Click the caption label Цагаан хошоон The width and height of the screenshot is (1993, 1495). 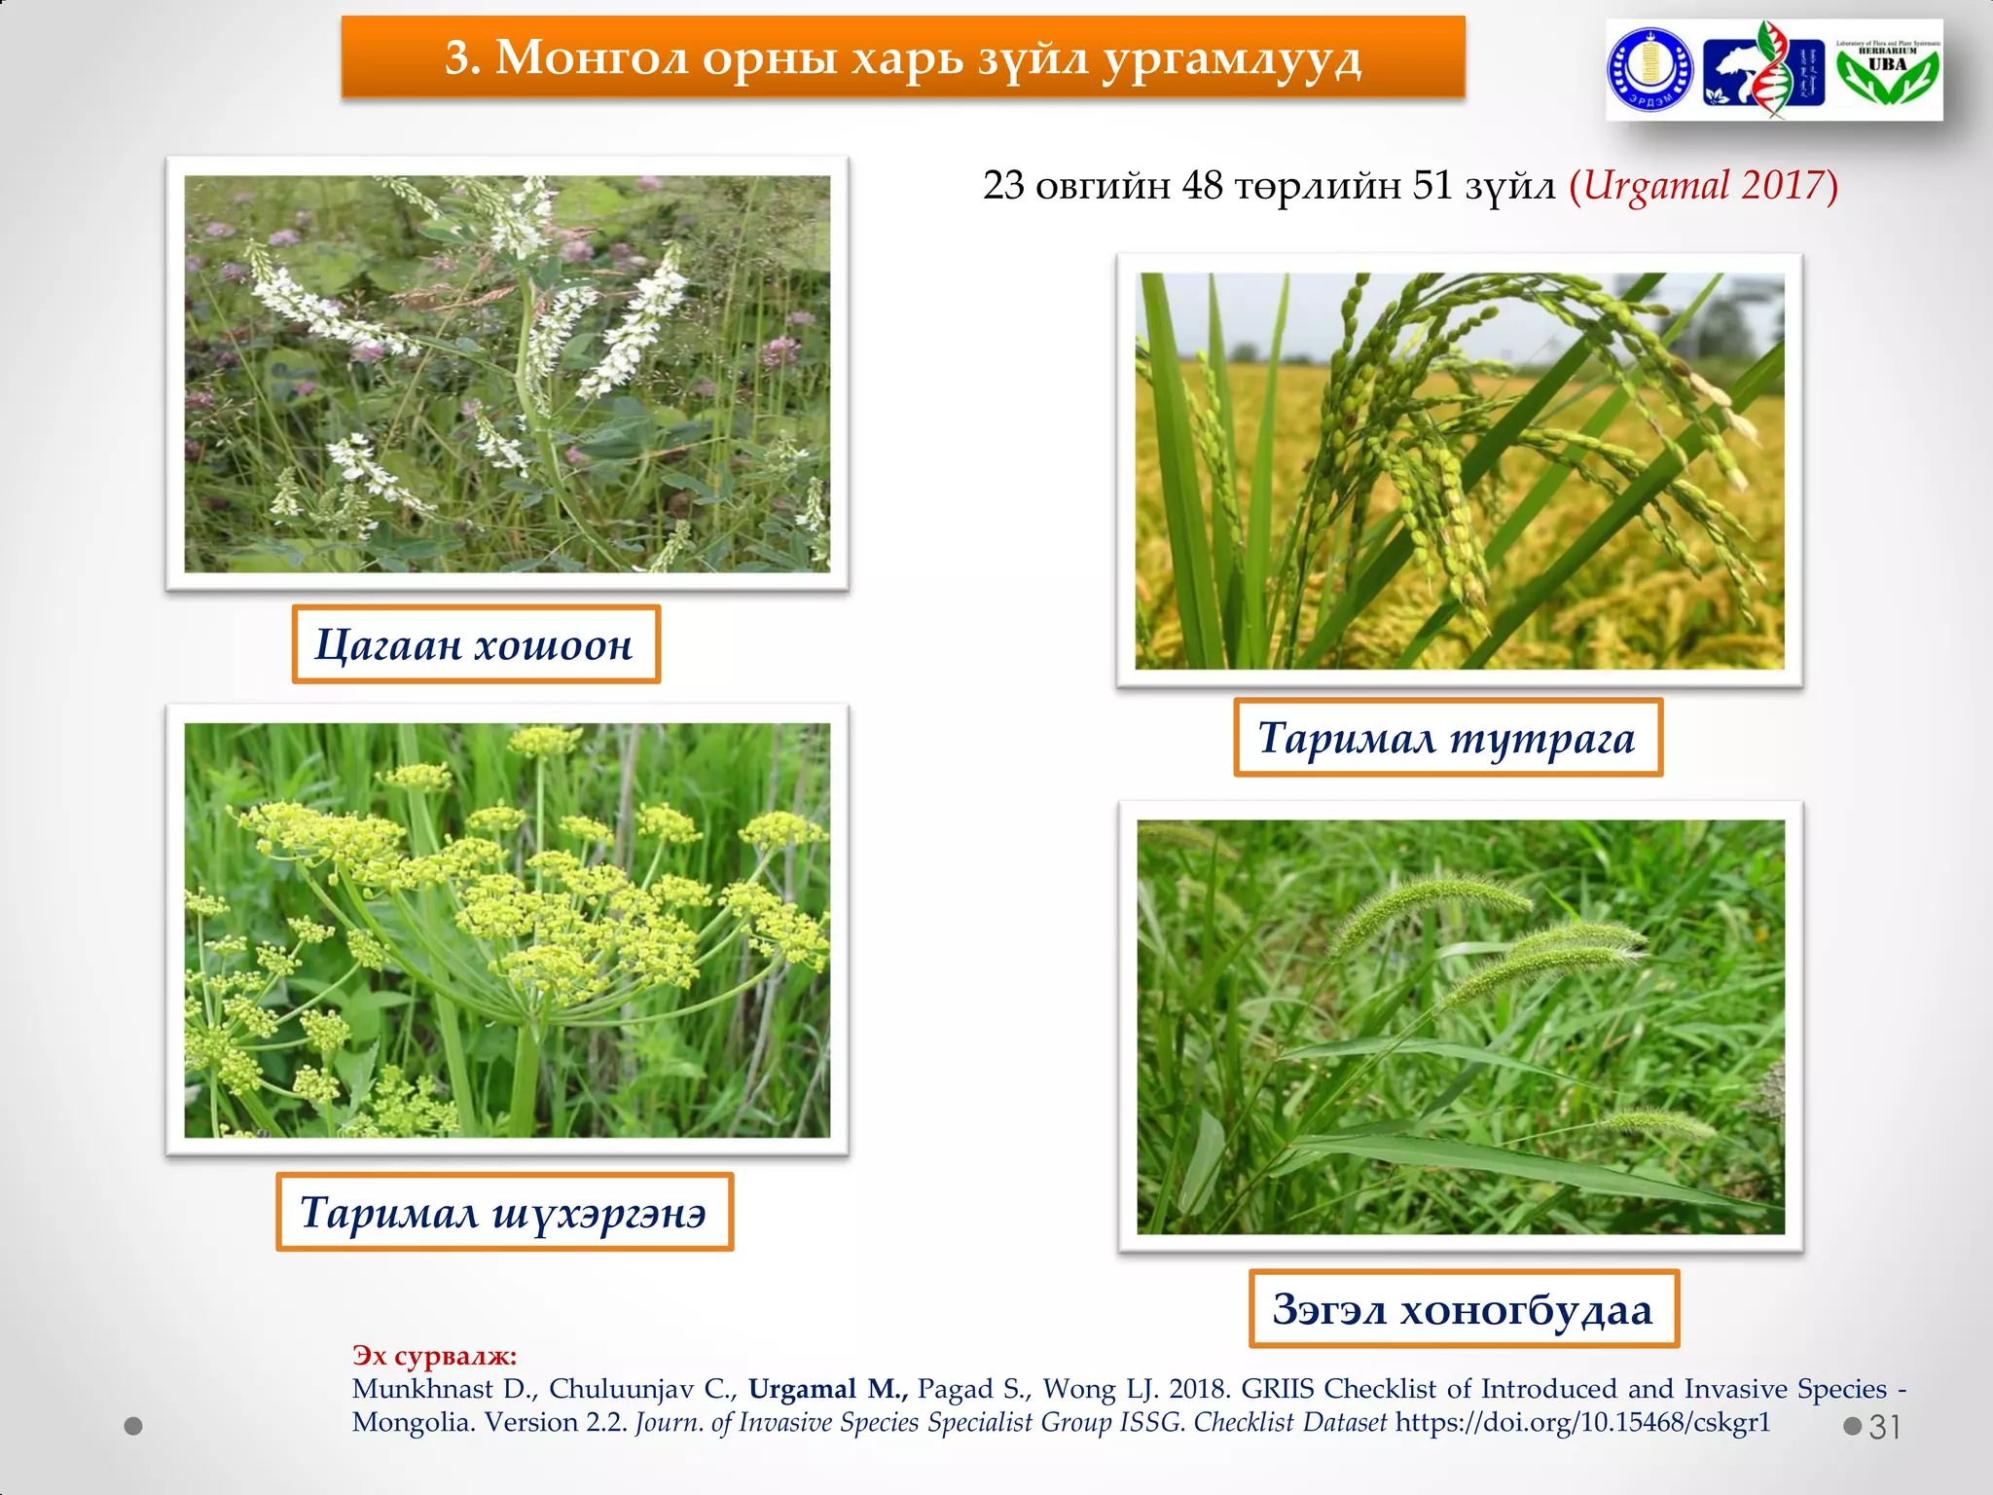tap(476, 644)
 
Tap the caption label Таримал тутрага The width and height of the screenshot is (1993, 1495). tap(1447, 738)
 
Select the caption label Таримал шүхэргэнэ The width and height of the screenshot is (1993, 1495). tap(504, 1212)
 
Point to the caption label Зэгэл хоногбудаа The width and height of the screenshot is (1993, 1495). tap(1464, 1309)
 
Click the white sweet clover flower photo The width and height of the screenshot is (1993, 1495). tap(507, 374)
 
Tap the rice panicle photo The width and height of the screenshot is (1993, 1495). tap(1460, 471)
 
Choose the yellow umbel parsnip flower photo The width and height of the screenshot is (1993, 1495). tap(507, 930)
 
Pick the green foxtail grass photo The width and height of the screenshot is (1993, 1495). tap(1461, 1027)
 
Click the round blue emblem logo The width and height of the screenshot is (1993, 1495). tap(1649, 70)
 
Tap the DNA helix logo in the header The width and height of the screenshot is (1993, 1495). tap(1763, 70)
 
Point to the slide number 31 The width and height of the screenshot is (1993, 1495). tap(1884, 1427)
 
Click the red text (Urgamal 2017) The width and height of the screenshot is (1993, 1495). tap(1703, 185)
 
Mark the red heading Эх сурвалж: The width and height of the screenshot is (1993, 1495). tap(434, 1355)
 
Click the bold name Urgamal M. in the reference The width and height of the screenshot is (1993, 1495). tap(827, 1389)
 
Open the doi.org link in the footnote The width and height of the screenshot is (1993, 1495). tap(1582, 1422)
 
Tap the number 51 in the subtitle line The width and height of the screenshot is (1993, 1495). tap(1432, 185)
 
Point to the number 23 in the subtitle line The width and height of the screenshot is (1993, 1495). tap(1003, 185)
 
